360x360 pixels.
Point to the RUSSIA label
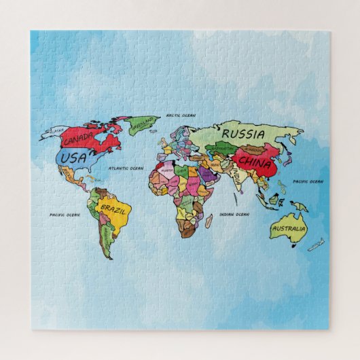tap(242, 133)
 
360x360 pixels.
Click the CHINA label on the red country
tap(256, 164)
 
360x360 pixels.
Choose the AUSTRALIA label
tap(287, 229)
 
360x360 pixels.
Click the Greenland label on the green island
tap(143, 126)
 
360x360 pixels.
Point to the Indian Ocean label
tap(235, 215)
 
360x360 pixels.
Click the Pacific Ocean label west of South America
tap(65, 215)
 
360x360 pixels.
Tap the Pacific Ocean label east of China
tap(308, 181)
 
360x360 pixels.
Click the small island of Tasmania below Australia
tap(296, 246)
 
